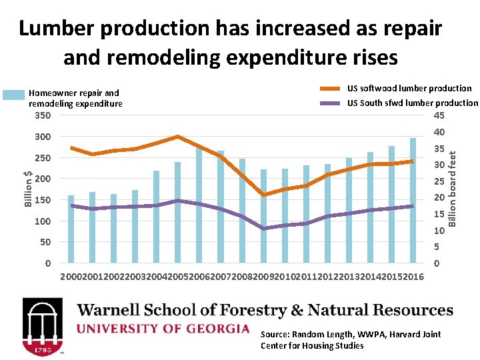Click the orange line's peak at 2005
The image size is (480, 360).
178,137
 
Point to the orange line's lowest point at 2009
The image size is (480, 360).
264,195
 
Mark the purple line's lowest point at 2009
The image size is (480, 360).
264,229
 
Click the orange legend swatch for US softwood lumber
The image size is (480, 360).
331,89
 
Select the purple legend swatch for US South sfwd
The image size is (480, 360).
331,103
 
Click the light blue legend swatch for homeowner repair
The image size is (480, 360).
13,95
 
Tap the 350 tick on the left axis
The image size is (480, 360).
42,115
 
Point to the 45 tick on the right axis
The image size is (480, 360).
439,115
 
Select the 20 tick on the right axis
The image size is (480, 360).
439,197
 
